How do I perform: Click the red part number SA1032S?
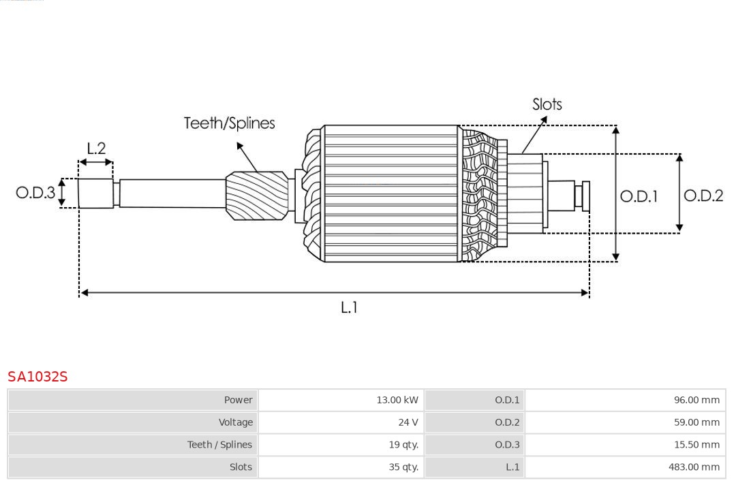(x=37, y=377)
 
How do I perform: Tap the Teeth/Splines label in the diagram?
(x=229, y=123)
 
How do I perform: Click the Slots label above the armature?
(x=547, y=104)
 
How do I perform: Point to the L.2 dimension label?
(x=96, y=149)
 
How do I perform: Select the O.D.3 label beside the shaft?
(x=35, y=193)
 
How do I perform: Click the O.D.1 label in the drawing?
(x=639, y=197)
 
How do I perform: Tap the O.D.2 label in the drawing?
(x=703, y=196)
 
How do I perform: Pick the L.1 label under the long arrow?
(x=349, y=308)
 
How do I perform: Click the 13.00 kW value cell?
(x=397, y=400)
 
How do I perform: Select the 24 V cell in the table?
(x=408, y=422)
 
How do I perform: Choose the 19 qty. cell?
(x=403, y=445)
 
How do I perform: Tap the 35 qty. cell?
(x=403, y=467)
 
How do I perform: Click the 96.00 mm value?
(x=696, y=400)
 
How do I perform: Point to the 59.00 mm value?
(x=696, y=422)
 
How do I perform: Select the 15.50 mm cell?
(x=696, y=445)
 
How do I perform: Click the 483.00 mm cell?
(x=694, y=467)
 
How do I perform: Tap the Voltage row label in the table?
(x=235, y=422)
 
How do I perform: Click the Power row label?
(x=238, y=400)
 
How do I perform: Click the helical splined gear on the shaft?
(x=257, y=195)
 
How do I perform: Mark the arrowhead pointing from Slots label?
(x=544, y=119)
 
